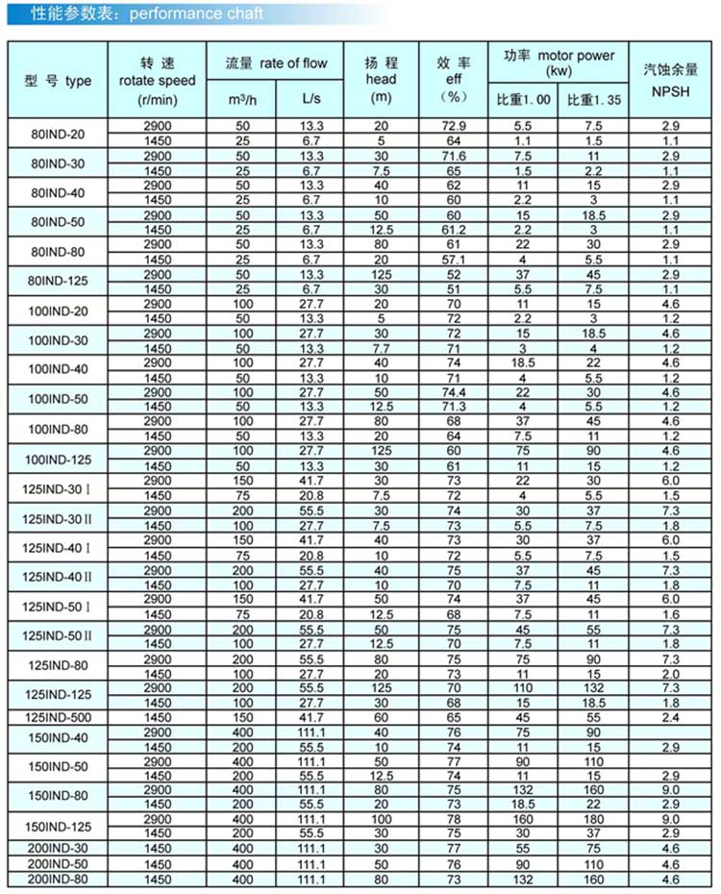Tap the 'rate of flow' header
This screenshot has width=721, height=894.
(276, 63)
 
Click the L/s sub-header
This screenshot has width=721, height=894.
(311, 99)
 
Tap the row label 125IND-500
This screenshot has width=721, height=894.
(57, 718)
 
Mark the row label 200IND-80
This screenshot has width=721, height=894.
(57, 881)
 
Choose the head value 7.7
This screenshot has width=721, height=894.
(381, 349)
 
